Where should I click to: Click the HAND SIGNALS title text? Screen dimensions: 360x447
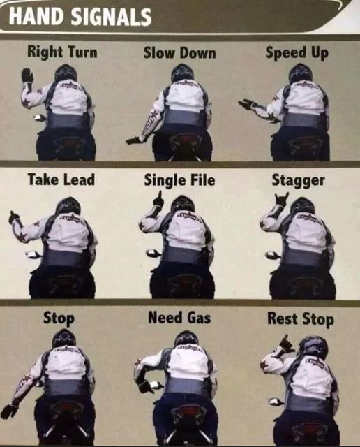coord(80,17)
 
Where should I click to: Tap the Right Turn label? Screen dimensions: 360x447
coord(62,52)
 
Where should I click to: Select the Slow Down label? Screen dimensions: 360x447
coord(180,53)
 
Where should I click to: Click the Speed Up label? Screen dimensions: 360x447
coord(297,53)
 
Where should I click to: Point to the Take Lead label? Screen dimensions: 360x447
coord(61,180)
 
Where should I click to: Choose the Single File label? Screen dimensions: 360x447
coord(179,180)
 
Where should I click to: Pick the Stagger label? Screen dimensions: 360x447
coord(298,181)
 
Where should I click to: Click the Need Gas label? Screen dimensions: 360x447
coord(179,318)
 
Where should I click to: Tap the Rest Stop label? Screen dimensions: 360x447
coord(301,318)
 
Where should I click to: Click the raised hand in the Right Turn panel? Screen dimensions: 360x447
coord(27,75)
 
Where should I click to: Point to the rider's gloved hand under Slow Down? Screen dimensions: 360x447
coord(133,140)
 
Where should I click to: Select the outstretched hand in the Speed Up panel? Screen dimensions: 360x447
coord(247,104)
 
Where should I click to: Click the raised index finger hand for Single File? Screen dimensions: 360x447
coord(158,199)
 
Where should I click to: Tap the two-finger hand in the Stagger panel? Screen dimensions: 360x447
coord(282,199)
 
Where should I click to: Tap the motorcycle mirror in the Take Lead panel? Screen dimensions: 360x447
coord(33,254)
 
